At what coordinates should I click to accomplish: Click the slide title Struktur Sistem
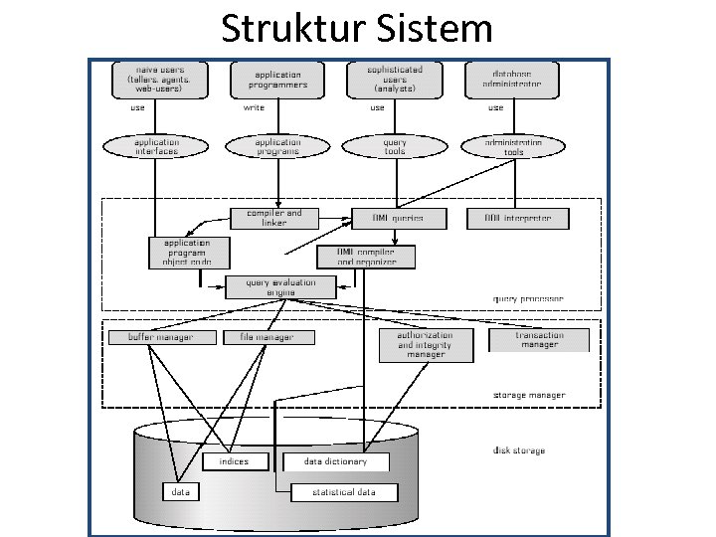coord(356,28)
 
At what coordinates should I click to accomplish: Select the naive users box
coord(158,79)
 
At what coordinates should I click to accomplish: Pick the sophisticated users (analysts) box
coord(395,79)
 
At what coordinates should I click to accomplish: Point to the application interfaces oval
coord(157,146)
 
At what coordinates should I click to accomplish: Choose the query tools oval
coord(395,146)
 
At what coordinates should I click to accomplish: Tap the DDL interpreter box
coord(516,217)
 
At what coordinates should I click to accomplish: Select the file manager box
coord(268,337)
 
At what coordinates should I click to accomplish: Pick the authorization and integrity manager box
coord(426,344)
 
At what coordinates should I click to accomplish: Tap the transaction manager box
coord(539,340)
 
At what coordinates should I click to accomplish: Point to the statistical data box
coord(344,491)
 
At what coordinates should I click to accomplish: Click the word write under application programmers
coord(254,107)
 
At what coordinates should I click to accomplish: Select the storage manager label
coord(529,395)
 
